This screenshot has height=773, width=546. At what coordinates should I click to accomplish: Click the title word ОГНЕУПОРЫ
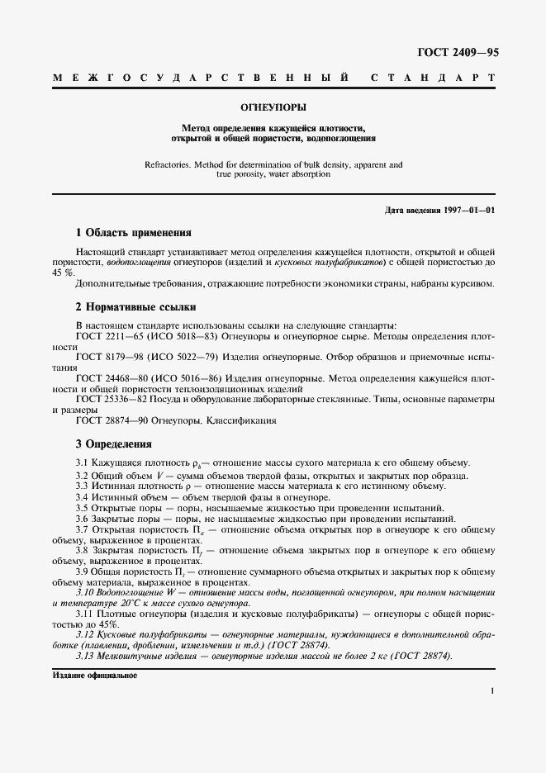[x=273, y=107]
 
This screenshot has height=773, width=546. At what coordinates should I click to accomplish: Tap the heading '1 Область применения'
[x=134, y=233]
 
